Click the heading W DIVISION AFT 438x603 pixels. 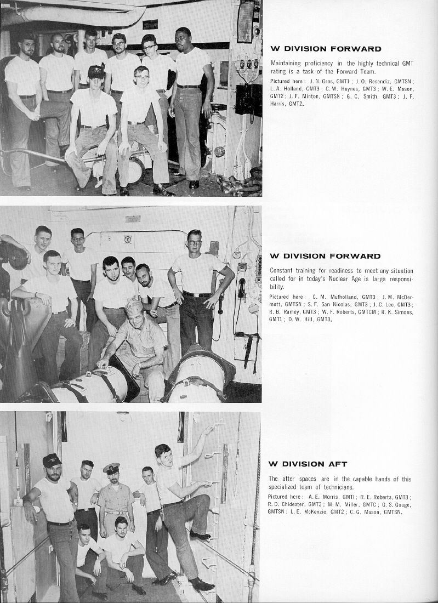coord(308,464)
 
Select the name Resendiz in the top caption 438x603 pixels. coord(373,81)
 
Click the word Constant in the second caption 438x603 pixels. coord(283,271)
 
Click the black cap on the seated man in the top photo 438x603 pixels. coord(96,71)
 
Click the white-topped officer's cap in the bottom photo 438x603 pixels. coord(111,468)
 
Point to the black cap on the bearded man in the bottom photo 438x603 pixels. coord(52,460)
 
